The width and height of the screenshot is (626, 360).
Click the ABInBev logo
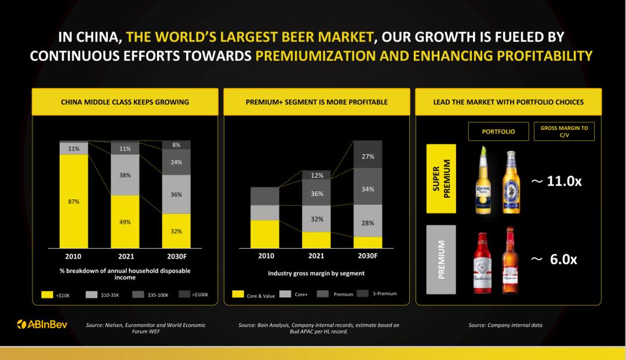pos(42,325)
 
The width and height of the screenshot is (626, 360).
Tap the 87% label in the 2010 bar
pos(74,202)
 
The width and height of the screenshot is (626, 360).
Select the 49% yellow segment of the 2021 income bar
pos(125,221)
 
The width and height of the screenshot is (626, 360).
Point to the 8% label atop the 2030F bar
pos(176,145)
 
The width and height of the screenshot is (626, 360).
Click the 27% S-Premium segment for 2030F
pos(367,154)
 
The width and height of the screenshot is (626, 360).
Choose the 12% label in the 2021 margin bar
pos(317,176)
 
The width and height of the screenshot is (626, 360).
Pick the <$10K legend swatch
pos(47,294)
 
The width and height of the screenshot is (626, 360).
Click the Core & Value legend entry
pos(253,295)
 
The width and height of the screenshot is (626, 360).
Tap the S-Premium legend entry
pos(377,294)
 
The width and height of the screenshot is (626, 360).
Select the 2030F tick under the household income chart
pos(177,256)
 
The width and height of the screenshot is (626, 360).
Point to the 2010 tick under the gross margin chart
pos(266,256)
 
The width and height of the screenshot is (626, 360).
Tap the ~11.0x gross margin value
pos(556,181)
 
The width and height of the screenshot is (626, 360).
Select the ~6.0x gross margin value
pos(554,260)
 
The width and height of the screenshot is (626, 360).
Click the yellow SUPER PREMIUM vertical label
pos(441,179)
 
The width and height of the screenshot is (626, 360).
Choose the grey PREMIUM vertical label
pos(441,260)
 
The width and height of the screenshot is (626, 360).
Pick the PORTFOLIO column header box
pos(498,132)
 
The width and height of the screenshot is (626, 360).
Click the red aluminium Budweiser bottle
pos(482,263)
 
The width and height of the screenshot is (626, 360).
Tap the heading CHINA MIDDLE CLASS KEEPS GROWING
pos(125,102)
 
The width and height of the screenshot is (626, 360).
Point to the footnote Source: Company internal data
pos(505,325)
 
